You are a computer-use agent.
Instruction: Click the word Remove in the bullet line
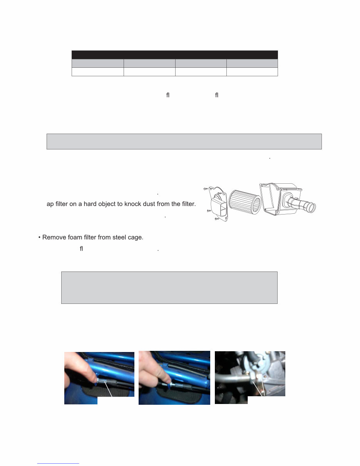pos(54,237)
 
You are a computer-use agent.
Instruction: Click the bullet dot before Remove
pos(39,237)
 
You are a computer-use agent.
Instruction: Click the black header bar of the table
pos(174,54)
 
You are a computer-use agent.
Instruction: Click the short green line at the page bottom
pos(58,463)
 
